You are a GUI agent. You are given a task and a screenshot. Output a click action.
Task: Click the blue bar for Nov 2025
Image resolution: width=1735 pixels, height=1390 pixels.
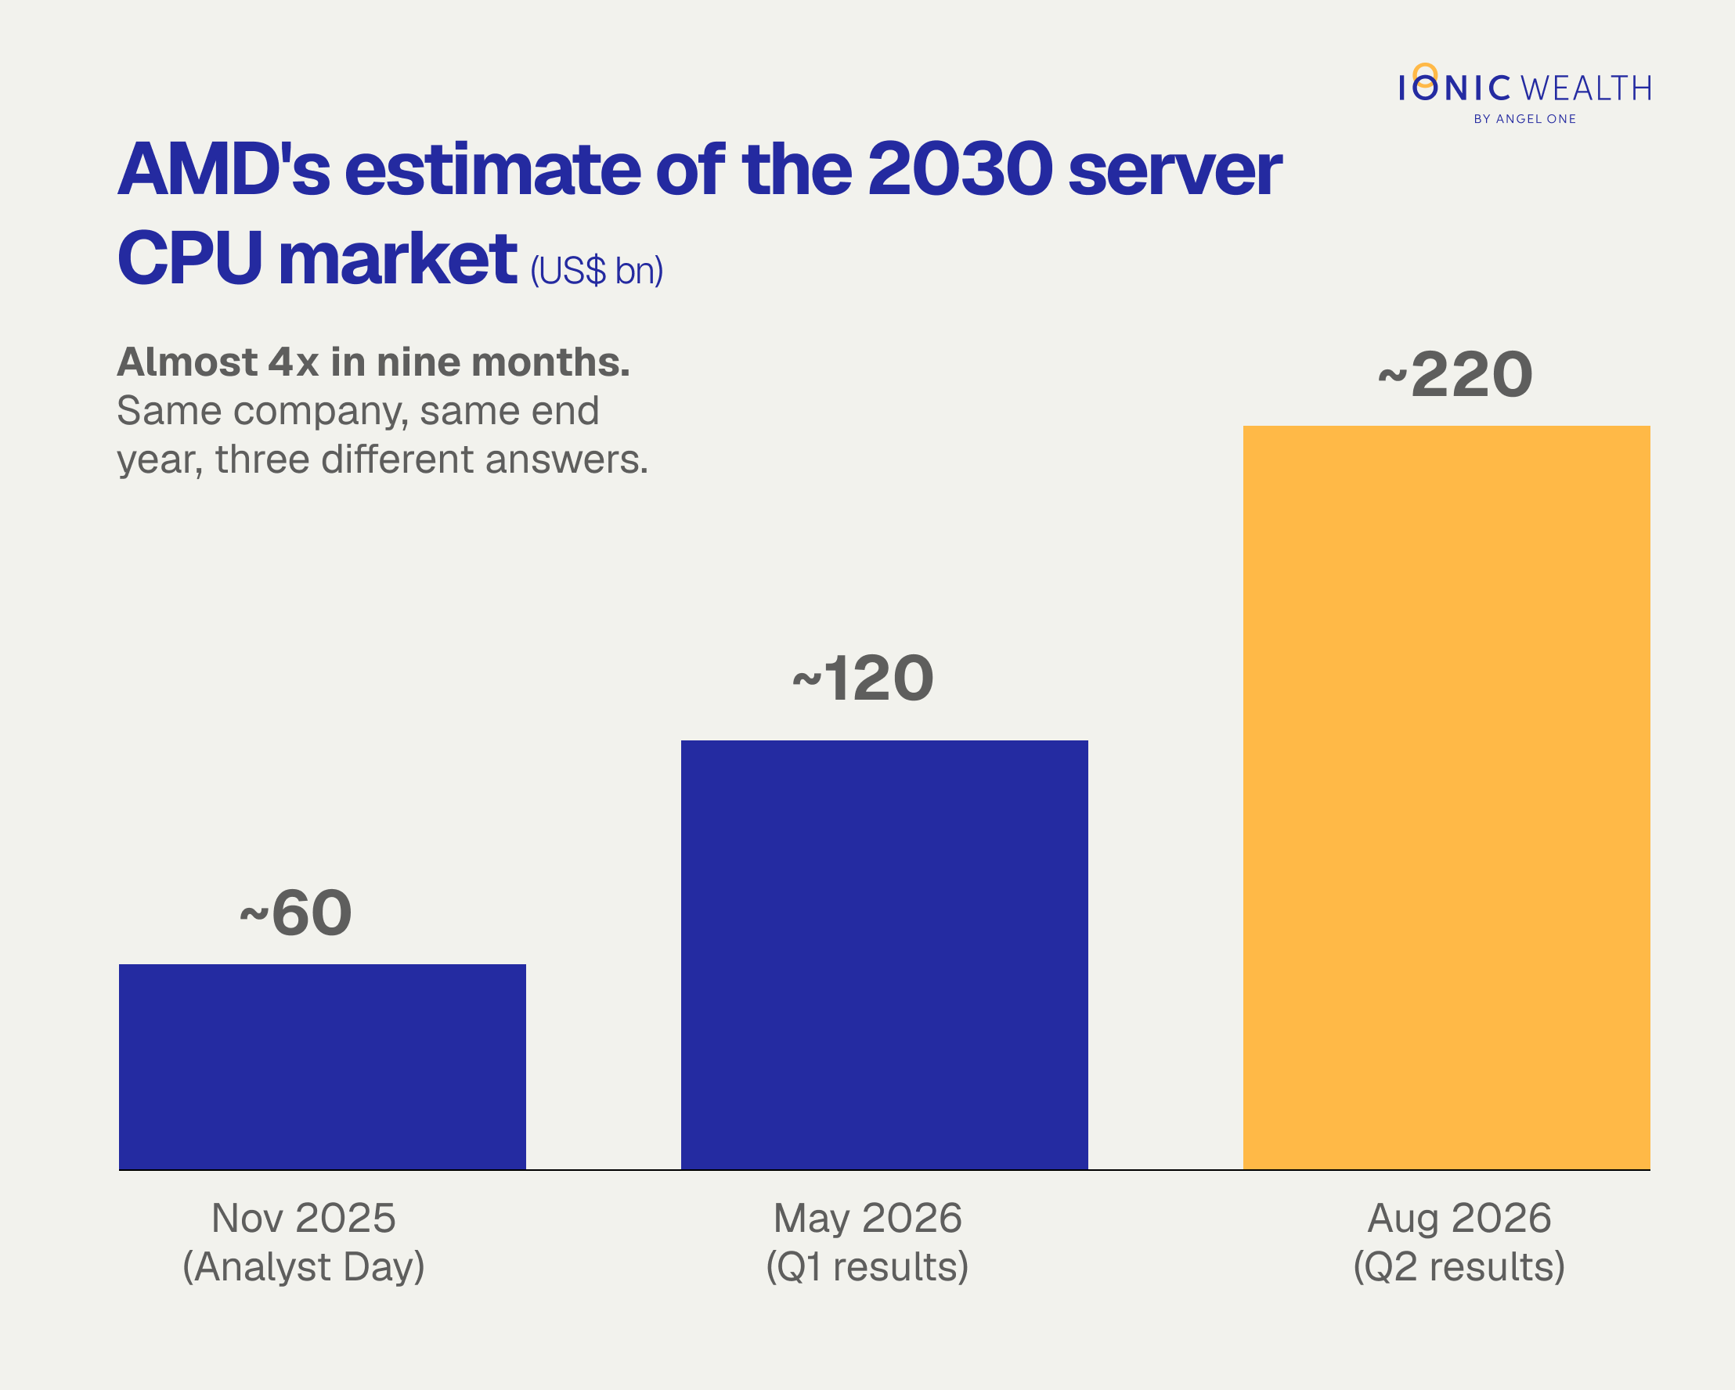point(322,1067)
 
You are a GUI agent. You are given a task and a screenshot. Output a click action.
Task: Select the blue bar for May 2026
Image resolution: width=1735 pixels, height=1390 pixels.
point(885,955)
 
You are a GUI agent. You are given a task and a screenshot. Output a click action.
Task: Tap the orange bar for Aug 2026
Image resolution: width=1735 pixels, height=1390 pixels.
point(1446,798)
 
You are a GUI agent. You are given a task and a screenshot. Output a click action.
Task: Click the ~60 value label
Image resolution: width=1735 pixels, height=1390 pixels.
point(296,913)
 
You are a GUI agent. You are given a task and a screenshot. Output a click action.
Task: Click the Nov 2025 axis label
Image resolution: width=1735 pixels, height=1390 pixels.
point(303,1217)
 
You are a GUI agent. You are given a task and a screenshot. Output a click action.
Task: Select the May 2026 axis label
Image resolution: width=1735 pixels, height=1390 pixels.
point(867,1218)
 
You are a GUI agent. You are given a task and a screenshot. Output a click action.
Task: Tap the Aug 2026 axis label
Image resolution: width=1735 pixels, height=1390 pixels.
point(1459,1218)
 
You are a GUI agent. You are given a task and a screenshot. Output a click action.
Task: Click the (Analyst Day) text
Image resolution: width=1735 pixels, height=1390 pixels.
point(303,1266)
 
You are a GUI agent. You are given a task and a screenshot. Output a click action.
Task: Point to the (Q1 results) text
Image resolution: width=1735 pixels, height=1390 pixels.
point(867,1266)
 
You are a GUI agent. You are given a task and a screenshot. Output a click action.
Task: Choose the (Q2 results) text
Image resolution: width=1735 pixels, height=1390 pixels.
point(1459,1266)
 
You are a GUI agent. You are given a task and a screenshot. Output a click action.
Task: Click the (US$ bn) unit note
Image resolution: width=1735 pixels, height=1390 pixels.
point(597,271)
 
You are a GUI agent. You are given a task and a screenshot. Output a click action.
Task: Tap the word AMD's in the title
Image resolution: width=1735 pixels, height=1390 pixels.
point(225,170)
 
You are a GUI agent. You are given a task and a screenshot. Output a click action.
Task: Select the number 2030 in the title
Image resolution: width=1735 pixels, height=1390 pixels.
point(961,170)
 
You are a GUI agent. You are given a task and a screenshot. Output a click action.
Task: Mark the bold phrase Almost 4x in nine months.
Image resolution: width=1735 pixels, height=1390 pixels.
point(373,362)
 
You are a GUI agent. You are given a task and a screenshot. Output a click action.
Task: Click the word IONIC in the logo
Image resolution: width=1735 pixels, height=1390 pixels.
point(1455,86)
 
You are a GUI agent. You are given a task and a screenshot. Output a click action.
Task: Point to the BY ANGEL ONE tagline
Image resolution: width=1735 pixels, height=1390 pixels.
point(1525,119)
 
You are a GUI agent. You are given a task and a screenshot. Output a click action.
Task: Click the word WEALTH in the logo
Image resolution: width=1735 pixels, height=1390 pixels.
point(1586,88)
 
